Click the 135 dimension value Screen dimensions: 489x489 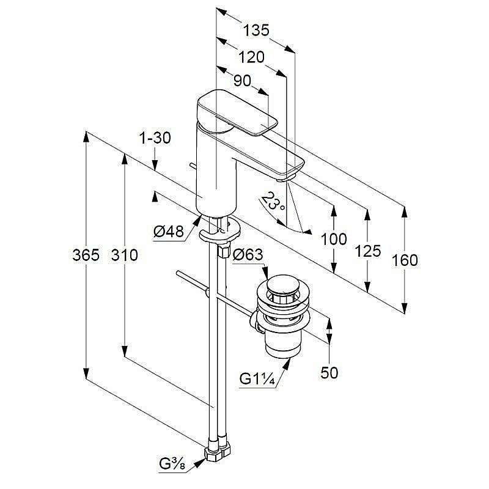(x=256, y=30)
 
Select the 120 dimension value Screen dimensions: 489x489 (x=251, y=57)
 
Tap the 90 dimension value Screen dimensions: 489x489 (x=242, y=81)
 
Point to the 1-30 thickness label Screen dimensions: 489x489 (x=155, y=138)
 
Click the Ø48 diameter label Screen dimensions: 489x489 (x=169, y=232)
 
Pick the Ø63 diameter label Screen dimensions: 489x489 (x=247, y=253)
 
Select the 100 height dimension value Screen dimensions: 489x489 (x=334, y=240)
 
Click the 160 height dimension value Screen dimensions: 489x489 (x=404, y=260)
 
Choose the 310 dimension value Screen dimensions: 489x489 (x=125, y=256)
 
